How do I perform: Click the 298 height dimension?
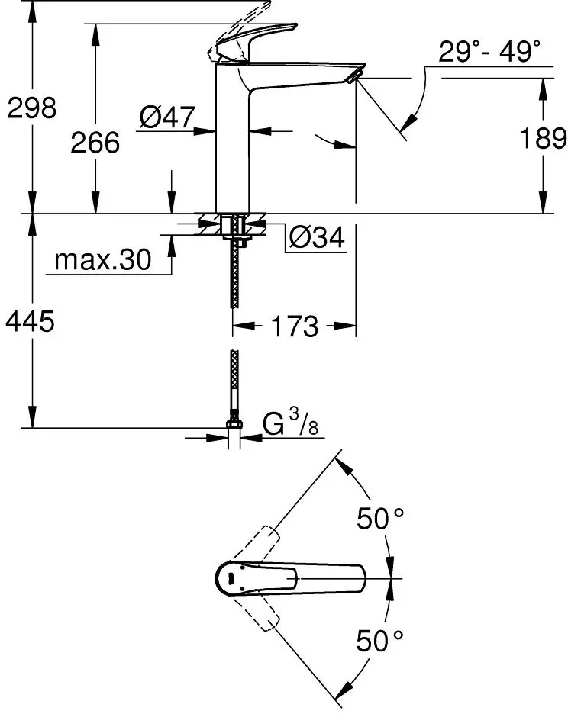[32, 109]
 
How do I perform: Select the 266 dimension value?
[95, 142]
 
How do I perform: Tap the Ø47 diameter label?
[166, 117]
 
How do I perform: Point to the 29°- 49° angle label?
[489, 53]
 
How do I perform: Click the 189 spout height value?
[542, 139]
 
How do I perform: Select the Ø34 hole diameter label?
[316, 239]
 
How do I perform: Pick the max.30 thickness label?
[102, 261]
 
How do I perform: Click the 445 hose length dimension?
[31, 323]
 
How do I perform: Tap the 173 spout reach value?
[294, 326]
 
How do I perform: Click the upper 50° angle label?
[379, 519]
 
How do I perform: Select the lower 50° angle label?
[379, 640]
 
